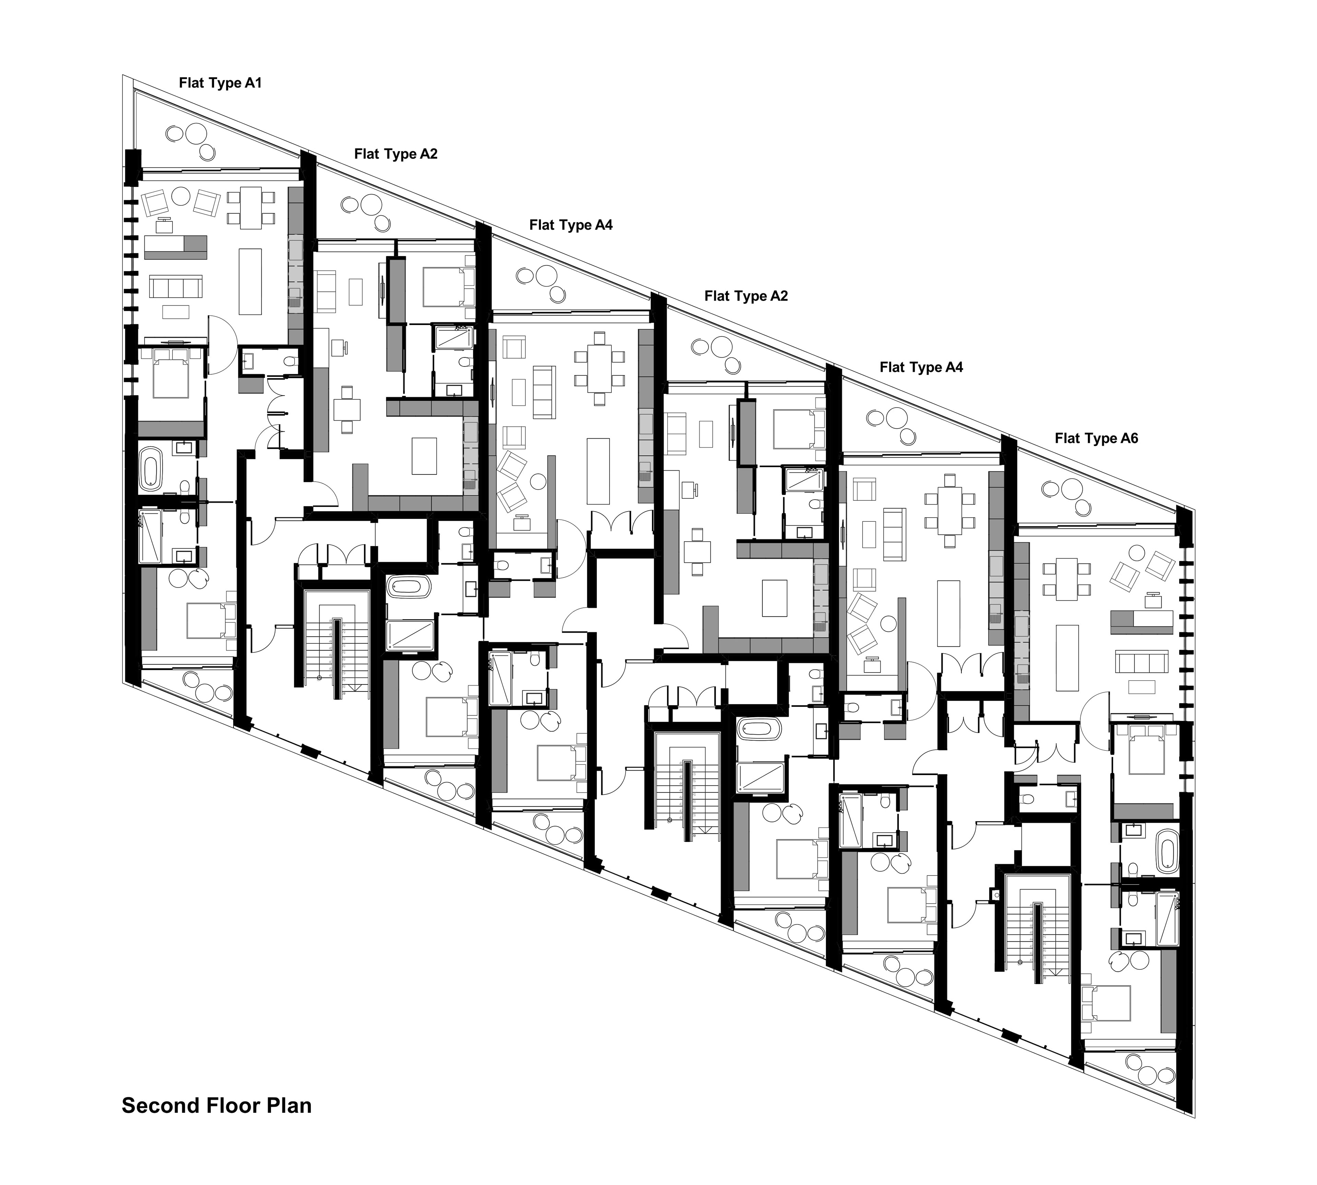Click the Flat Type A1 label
(x=220, y=83)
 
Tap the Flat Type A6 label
(x=1096, y=438)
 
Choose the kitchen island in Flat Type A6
(x=1068, y=657)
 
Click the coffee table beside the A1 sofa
(x=175, y=312)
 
